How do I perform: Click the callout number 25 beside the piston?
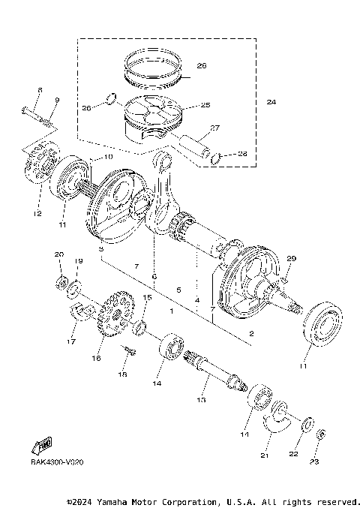point(205,105)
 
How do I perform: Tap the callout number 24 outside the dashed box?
point(271,102)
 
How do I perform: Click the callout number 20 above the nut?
point(59,256)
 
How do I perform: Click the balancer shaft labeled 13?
point(222,375)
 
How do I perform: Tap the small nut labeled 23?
point(320,434)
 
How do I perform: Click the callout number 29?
point(292,258)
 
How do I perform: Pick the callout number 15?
point(148,297)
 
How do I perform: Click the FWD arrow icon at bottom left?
point(43,447)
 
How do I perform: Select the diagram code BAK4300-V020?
point(57,462)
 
